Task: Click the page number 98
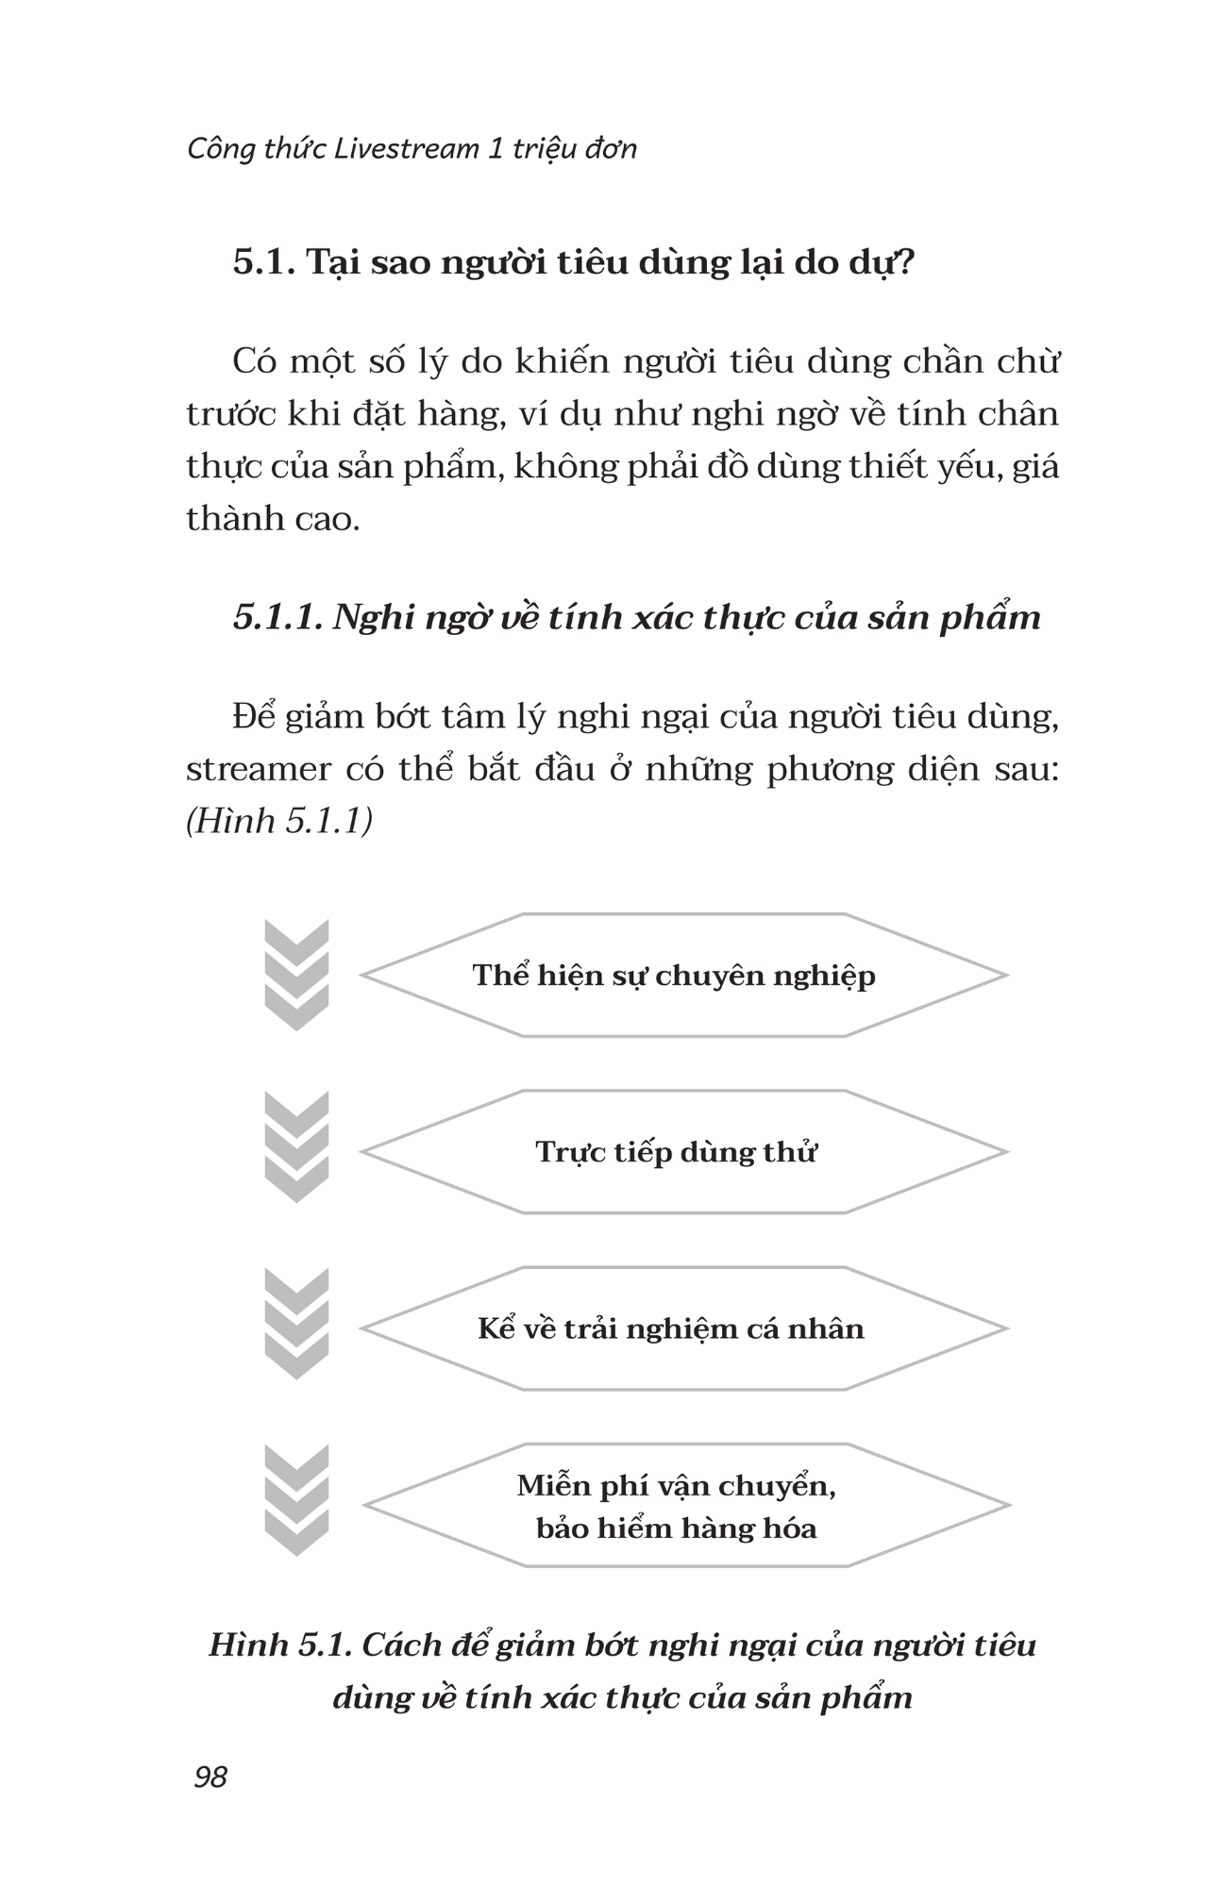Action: pos(210,1777)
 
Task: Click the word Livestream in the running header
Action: pos(406,148)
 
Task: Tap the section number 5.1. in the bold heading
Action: pos(265,261)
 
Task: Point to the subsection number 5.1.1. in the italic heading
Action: pos(278,617)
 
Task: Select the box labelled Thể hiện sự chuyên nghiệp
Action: pos(683,975)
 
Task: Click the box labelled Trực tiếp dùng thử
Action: pos(683,1151)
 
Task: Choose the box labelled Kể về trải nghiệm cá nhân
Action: pos(683,1328)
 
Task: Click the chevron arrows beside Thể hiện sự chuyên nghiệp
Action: pos(296,975)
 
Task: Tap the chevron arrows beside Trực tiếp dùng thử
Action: pos(296,1147)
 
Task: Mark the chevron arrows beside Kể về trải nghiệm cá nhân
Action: pos(296,1324)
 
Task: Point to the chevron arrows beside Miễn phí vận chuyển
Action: pos(296,1500)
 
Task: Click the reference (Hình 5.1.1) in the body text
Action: pos(279,821)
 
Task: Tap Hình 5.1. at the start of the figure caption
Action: pos(279,1645)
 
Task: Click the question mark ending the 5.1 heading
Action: pos(904,261)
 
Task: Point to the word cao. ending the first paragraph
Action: pos(327,519)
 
